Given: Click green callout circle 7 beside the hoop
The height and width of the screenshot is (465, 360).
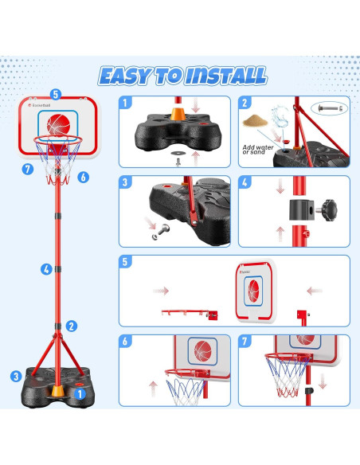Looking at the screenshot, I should pos(28,169).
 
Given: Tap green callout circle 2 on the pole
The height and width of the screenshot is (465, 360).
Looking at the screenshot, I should pos(72,326).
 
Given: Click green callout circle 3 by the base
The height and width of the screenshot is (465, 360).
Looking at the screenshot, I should pos(15,377).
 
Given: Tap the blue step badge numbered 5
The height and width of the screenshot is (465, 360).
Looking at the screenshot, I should pos(126,262).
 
